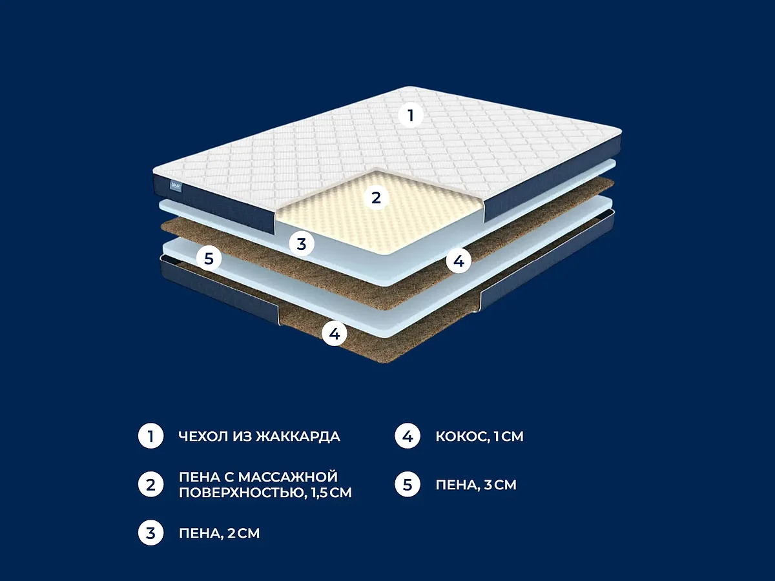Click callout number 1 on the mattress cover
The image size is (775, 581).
click(x=411, y=116)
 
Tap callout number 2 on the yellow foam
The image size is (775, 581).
click(x=376, y=198)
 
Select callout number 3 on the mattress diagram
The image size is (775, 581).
click(x=302, y=244)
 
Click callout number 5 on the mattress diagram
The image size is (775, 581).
click(x=209, y=259)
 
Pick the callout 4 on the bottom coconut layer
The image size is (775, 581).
click(x=335, y=333)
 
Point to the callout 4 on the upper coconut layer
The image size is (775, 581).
click(x=459, y=261)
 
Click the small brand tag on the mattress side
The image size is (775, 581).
click(x=176, y=186)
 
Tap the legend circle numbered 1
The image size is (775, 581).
click(x=150, y=436)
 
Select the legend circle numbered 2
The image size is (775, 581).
click(x=150, y=484)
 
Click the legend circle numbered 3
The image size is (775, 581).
click(x=150, y=533)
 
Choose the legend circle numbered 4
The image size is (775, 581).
click(x=408, y=436)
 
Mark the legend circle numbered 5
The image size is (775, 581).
click(x=408, y=484)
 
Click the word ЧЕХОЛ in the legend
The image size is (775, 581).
click(x=203, y=436)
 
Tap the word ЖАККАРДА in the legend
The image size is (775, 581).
click(x=298, y=436)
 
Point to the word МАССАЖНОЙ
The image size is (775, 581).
click(x=288, y=477)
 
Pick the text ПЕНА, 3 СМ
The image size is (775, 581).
click(x=476, y=485)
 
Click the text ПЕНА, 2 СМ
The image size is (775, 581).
click(x=219, y=533)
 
